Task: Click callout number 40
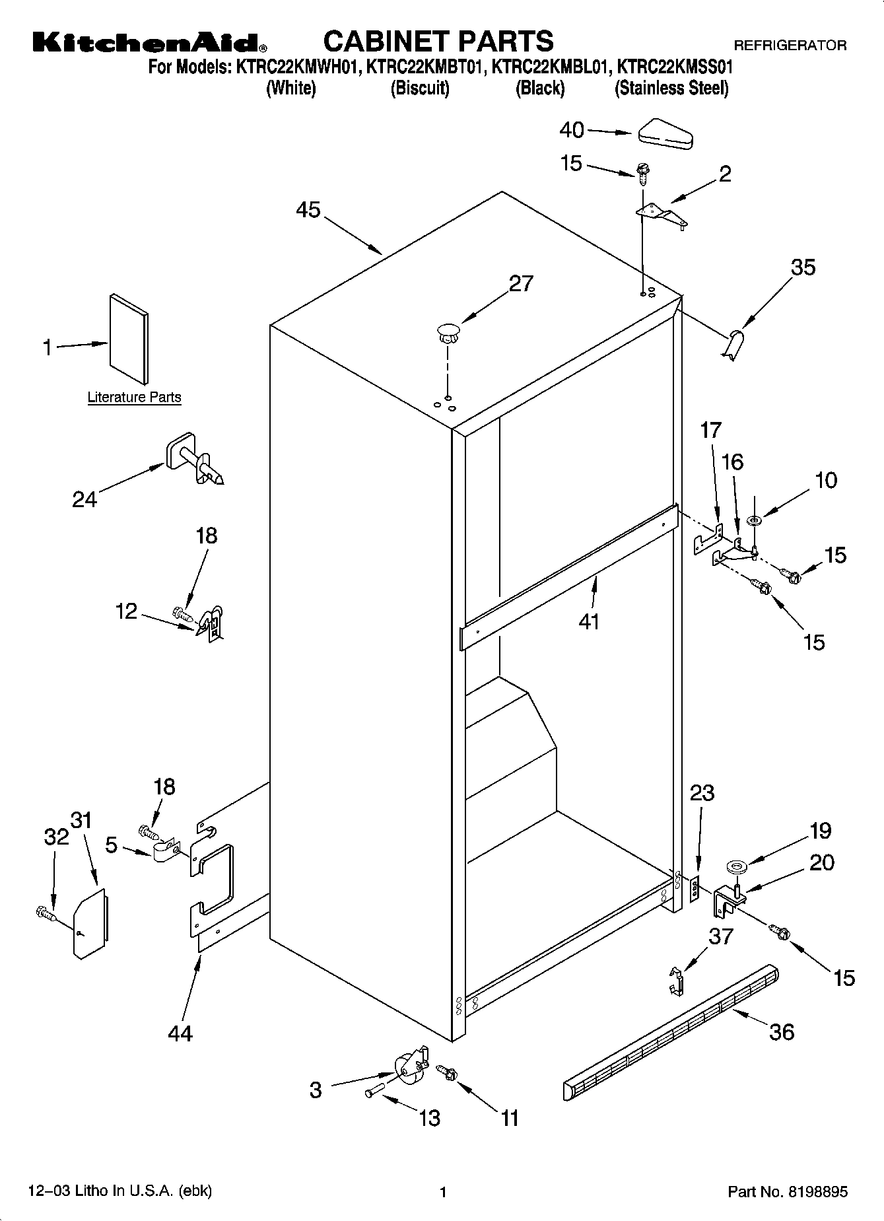[572, 129]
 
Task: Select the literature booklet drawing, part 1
[129, 339]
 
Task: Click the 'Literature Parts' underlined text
[134, 398]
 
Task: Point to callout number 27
[521, 283]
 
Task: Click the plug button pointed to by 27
[448, 331]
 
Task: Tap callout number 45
[308, 210]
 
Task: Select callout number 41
[589, 621]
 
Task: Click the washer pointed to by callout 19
[734, 866]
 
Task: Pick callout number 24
[85, 499]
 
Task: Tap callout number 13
[429, 1117]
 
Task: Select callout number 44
[180, 1032]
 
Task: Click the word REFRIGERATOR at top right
[790, 46]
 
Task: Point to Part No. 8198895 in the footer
[787, 1192]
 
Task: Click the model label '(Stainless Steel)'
[671, 88]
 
